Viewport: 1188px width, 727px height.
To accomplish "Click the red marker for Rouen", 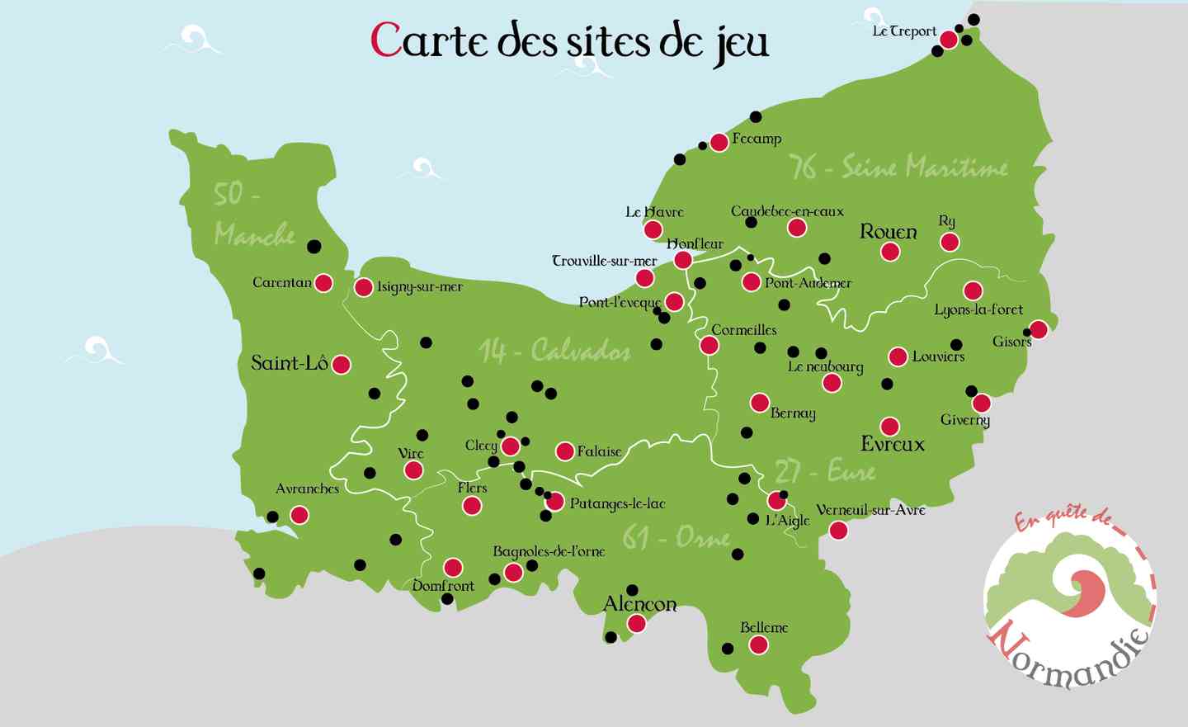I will click(x=889, y=251).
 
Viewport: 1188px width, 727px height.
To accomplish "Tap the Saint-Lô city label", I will click(x=290, y=362).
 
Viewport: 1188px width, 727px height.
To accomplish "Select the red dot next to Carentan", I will click(x=323, y=283).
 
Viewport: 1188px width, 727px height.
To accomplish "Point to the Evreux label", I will click(x=893, y=444).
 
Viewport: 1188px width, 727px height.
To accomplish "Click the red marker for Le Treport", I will click(x=949, y=40).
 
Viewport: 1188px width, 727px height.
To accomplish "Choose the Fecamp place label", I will click(x=757, y=139).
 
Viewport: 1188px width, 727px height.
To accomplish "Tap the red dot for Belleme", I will click(x=758, y=645).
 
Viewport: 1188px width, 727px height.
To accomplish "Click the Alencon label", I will click(x=640, y=604).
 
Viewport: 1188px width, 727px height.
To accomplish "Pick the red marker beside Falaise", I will click(x=565, y=451).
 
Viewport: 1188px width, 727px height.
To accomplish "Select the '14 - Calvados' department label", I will click(x=554, y=351).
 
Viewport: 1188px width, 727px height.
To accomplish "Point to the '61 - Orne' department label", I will click(x=676, y=538).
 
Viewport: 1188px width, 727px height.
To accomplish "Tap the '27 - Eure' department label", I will click(x=825, y=471).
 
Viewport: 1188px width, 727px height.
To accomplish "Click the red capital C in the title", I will click(x=385, y=40).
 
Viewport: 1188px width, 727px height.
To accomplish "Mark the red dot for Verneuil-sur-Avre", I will click(x=838, y=531).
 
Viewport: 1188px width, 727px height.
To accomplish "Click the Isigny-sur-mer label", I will click(x=420, y=287).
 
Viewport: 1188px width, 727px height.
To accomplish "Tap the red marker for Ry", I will click(x=950, y=242).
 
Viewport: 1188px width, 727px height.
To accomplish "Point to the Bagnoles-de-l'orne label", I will click(x=549, y=551).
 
